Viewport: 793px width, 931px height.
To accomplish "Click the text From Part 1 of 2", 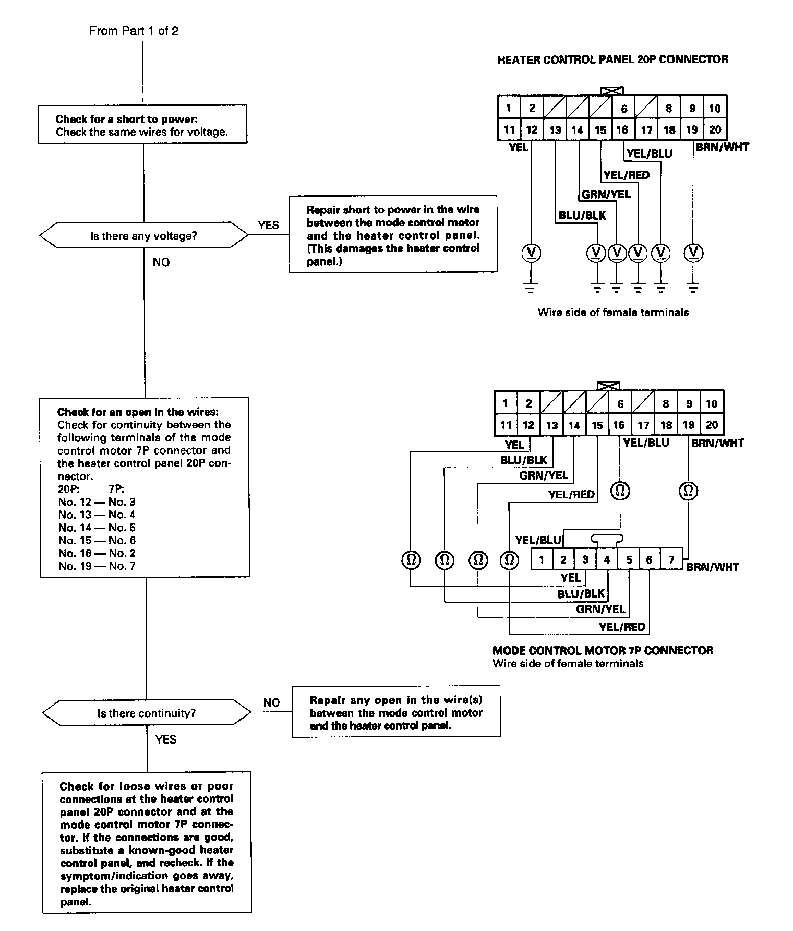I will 134,31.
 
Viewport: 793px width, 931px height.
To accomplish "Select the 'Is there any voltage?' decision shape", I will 143,236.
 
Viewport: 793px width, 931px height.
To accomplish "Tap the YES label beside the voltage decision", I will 268,225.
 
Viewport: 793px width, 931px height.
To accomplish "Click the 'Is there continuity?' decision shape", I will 146,713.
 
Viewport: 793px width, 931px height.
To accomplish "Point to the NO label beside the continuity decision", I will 271,702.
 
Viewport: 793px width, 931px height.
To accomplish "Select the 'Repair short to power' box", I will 393,234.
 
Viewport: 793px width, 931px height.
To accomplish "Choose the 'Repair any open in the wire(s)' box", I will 396,712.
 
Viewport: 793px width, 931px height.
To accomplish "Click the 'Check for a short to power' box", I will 142,125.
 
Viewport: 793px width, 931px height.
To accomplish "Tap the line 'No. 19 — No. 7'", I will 97,566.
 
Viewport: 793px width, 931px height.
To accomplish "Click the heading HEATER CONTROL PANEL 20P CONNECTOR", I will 612,59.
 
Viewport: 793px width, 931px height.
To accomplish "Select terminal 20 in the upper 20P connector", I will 715,129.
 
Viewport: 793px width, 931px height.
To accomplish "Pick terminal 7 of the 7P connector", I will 671,560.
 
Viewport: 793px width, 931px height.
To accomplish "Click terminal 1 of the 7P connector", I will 542,560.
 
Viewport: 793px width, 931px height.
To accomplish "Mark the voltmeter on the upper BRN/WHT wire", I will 693,253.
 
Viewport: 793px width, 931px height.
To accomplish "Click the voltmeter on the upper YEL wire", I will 531,253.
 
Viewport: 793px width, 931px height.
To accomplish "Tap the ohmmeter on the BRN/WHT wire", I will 689,491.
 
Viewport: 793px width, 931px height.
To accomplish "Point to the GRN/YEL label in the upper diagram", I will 606,195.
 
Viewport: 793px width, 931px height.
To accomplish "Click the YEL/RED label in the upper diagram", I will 626,175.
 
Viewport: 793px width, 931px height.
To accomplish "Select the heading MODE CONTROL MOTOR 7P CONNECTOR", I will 603,650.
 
